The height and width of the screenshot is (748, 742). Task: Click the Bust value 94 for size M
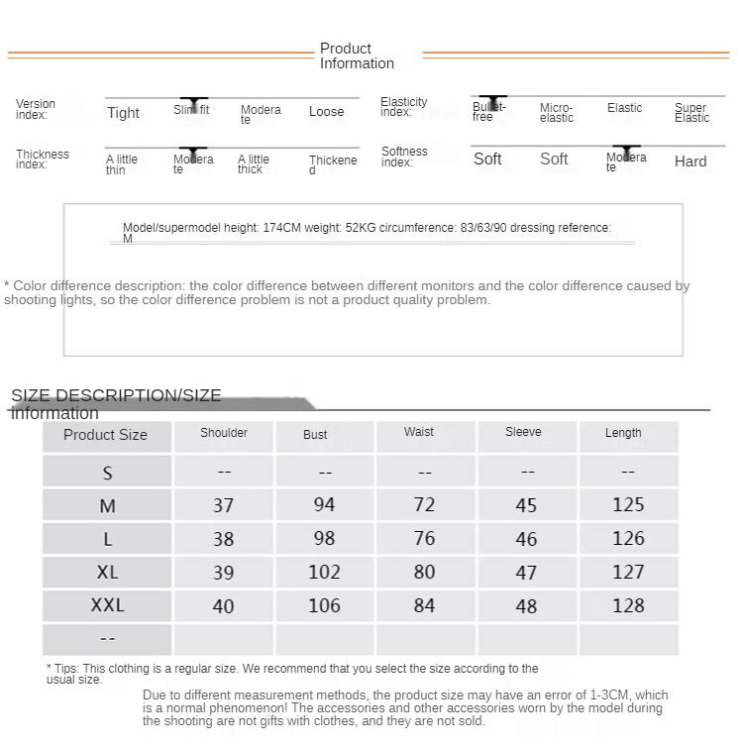click(324, 505)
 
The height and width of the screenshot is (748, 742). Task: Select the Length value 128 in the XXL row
click(628, 605)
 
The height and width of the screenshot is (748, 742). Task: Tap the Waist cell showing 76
click(424, 539)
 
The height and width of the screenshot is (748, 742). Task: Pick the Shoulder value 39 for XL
click(224, 573)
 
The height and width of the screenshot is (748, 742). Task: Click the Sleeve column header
click(523, 432)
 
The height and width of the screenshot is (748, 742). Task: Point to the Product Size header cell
click(105, 435)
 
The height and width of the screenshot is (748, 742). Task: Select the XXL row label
click(107, 605)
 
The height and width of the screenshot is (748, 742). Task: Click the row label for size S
click(107, 473)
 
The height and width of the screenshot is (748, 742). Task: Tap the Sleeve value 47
click(526, 573)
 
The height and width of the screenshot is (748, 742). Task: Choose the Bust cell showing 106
click(324, 605)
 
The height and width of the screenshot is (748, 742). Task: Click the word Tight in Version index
click(123, 113)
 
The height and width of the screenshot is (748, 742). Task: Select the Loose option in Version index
click(326, 112)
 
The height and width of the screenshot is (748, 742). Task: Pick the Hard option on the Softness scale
click(690, 161)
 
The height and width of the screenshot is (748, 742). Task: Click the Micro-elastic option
click(557, 113)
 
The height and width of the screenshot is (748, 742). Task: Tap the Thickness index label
click(43, 160)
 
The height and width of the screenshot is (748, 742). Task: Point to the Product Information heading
click(357, 55)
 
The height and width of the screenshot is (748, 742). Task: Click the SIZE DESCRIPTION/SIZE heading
click(116, 396)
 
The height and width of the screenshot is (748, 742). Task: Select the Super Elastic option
click(691, 113)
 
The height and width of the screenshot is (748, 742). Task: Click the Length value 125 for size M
click(628, 505)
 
